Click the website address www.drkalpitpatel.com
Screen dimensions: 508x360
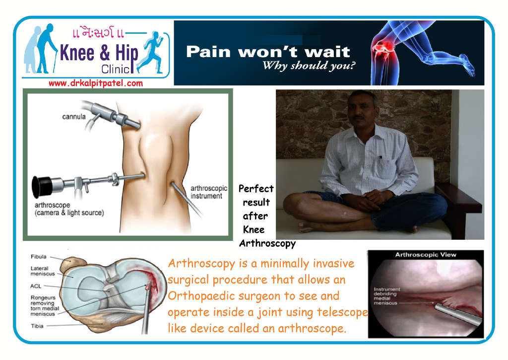pyautogui.click(x=96, y=83)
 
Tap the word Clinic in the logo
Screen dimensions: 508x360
pyautogui.click(x=115, y=69)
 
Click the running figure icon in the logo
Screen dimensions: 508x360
pyautogui.click(x=151, y=52)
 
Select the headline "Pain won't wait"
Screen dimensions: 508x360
pyautogui.click(x=268, y=52)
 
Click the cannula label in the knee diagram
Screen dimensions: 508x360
pyautogui.click(x=74, y=117)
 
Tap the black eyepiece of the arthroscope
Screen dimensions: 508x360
pyautogui.click(x=42, y=187)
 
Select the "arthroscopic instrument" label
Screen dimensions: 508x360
pyautogui.click(x=209, y=192)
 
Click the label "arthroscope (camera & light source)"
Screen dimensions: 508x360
pyautogui.click(x=69, y=209)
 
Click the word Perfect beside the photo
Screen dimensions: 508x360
pyautogui.click(x=256, y=188)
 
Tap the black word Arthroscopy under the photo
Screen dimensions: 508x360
pyautogui.click(x=267, y=243)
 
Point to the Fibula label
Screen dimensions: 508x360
pyautogui.click(x=39, y=257)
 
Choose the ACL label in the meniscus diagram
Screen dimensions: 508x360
pyautogui.click(x=36, y=286)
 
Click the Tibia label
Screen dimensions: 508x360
pyautogui.click(x=37, y=326)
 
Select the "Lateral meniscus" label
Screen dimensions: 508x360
pyautogui.click(x=43, y=271)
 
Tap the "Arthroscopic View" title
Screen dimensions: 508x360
pyautogui.click(x=425, y=255)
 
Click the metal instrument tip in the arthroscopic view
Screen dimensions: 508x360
pyautogui.click(x=439, y=306)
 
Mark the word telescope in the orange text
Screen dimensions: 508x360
pyautogui.click(x=342, y=312)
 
